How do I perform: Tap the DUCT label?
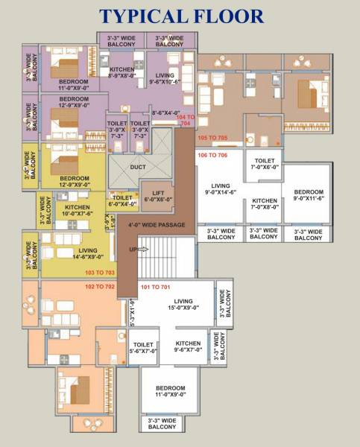pos(138,167)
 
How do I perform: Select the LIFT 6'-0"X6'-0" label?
pos(157,196)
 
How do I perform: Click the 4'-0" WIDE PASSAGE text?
pos(156,224)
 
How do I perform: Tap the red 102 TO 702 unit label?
pos(100,286)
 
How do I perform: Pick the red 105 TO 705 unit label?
pos(212,139)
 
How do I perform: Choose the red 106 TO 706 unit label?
pos(212,155)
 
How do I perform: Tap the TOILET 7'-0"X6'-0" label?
pos(266,164)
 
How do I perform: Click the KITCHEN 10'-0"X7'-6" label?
pos(78,210)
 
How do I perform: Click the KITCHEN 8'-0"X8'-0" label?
pos(122,72)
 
